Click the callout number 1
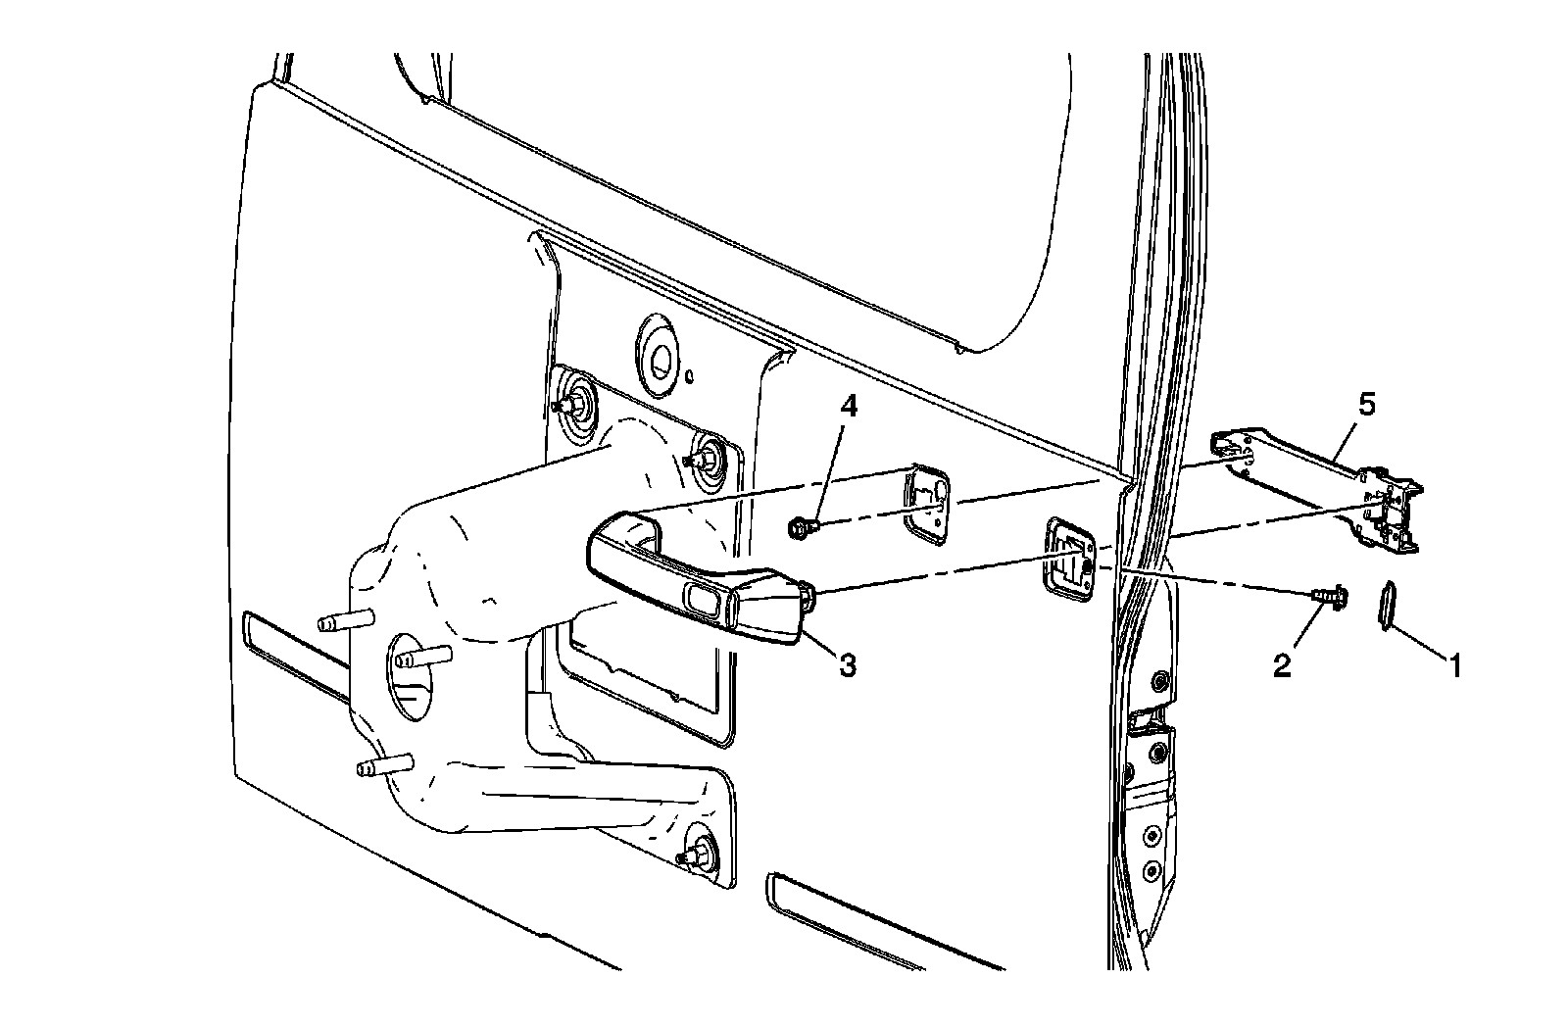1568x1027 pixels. click(x=1455, y=667)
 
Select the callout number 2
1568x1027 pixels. click(x=1282, y=666)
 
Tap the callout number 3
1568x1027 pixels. click(x=848, y=665)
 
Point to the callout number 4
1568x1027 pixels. click(x=849, y=406)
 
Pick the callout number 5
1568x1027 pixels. click(x=1366, y=404)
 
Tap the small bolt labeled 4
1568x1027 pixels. click(x=797, y=528)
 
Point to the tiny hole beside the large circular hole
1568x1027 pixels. click(x=691, y=374)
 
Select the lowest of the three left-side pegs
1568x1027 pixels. click(x=385, y=764)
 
